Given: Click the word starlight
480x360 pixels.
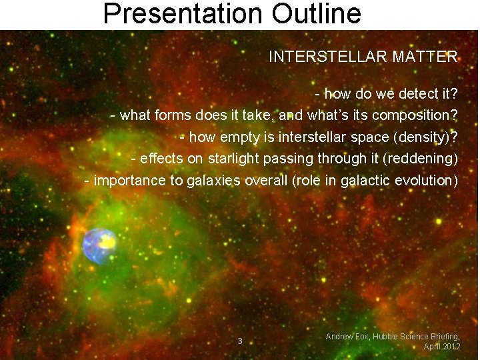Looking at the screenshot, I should tap(234, 159).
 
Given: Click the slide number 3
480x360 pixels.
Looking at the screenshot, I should tap(240, 341).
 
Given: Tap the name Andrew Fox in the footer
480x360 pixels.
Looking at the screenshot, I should tap(349, 337).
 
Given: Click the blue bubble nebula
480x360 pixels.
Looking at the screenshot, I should tap(99, 245).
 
